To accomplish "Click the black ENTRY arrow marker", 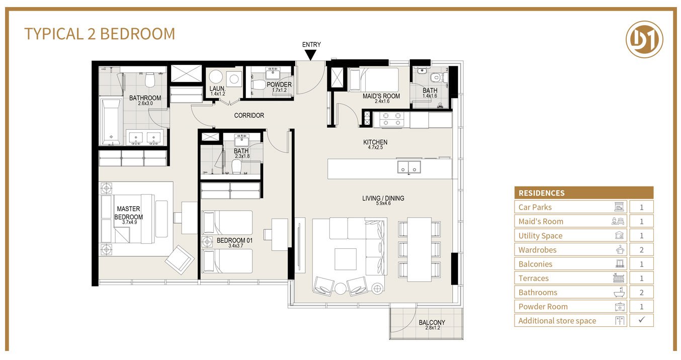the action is pos(310,55).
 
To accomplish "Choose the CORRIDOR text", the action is pos(249,116).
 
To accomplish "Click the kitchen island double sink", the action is pos(409,167).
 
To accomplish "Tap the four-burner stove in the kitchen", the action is pos(392,119).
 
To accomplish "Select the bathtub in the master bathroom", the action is pos(111,122).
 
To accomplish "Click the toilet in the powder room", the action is pos(259,84).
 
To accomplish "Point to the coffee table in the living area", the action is pos(346,259).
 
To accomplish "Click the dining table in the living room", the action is pos(419,249).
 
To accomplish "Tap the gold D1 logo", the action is pos(644,40).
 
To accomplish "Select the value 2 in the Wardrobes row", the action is pos(641,250).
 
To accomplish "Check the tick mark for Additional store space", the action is pos(641,320).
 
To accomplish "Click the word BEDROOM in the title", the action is pos(137,34).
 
